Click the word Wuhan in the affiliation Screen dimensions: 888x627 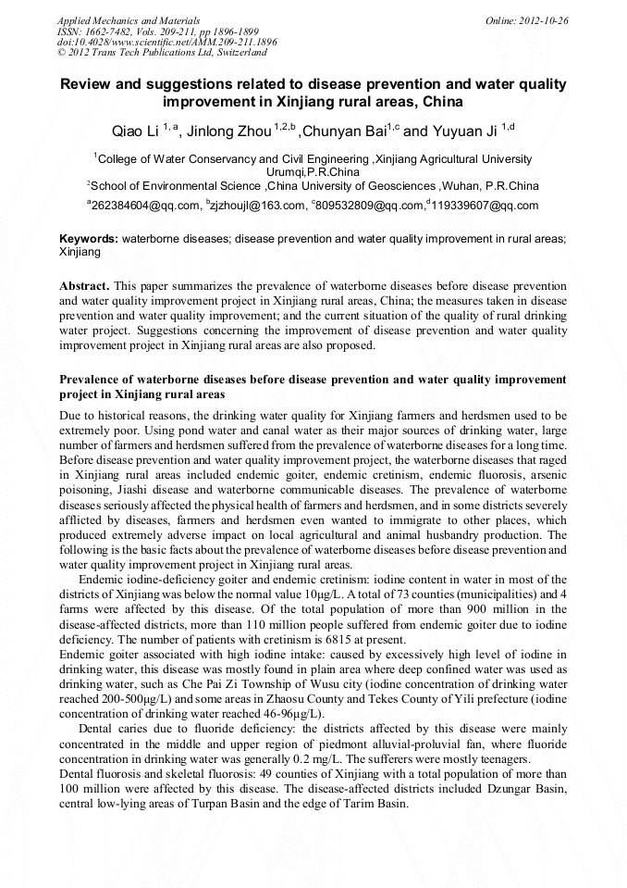tap(464, 185)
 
